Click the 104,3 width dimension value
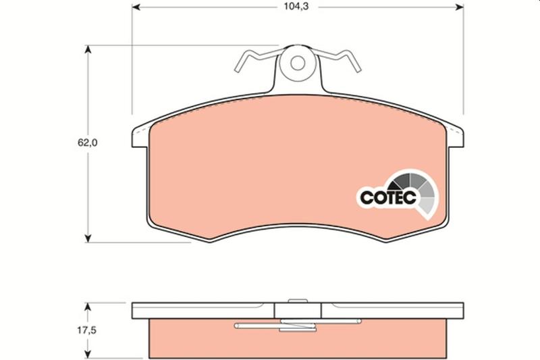[x=296, y=7]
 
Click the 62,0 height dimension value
[x=88, y=143]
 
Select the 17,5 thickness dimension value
[x=86, y=330]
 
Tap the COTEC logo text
[x=388, y=197]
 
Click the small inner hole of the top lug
[x=298, y=63]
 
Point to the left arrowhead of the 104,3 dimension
[x=136, y=7]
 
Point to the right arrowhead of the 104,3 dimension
[x=460, y=7]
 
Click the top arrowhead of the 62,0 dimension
[x=88, y=49]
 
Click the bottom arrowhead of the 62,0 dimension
[x=88, y=238]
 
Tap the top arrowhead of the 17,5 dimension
[x=88, y=307]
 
